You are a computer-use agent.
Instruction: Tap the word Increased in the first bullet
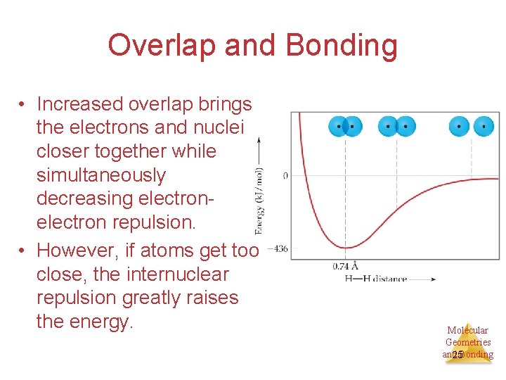click(x=79, y=104)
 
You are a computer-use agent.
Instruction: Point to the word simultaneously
click(x=101, y=175)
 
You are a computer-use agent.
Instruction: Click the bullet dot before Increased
click(x=23, y=105)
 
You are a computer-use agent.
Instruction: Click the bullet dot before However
click(x=23, y=251)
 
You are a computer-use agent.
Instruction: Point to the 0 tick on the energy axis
click(x=285, y=175)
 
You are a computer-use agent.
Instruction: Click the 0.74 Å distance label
click(x=345, y=266)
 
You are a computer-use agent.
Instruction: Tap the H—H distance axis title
click(x=376, y=279)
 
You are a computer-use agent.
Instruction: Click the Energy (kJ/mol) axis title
click(x=259, y=201)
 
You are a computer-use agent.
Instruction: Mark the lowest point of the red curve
click(x=345, y=247)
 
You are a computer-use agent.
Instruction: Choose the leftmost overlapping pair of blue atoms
click(x=345, y=127)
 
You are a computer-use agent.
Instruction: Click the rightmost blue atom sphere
click(x=484, y=127)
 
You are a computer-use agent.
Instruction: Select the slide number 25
click(x=458, y=355)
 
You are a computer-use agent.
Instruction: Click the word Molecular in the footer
click(x=468, y=330)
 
